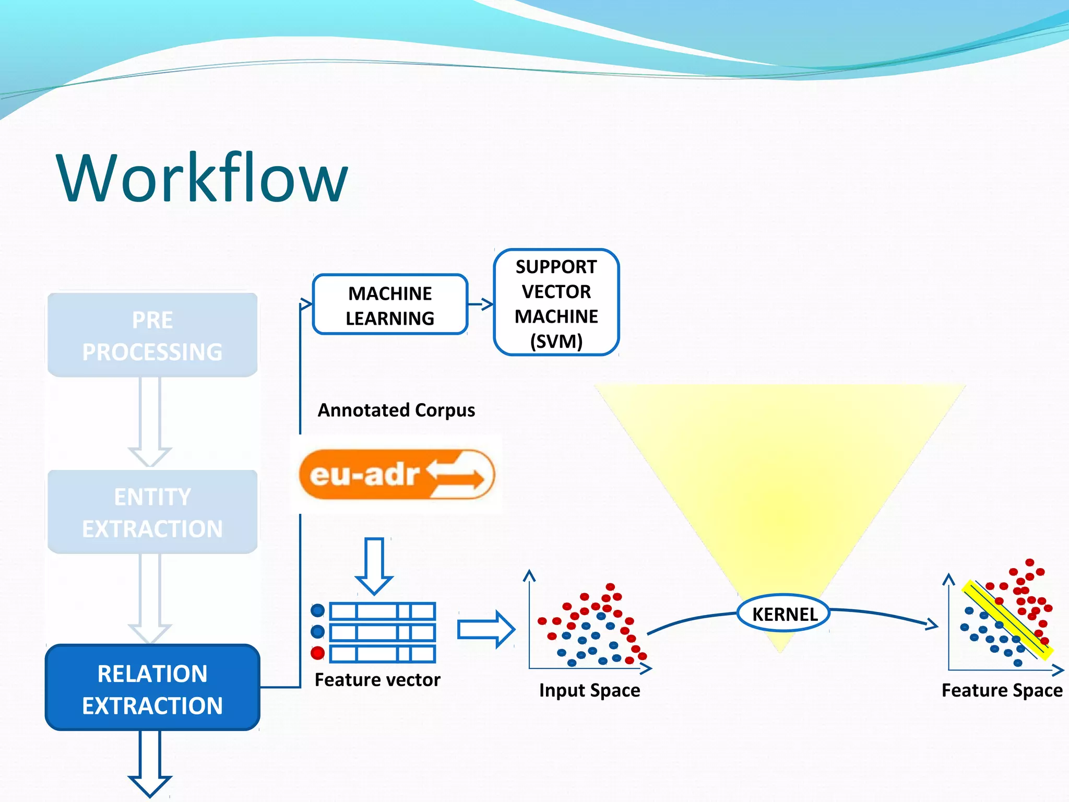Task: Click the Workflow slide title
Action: tap(202, 178)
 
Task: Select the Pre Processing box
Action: tap(152, 335)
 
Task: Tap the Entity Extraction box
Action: tap(152, 512)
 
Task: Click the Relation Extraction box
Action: tap(152, 688)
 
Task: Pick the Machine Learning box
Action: tap(390, 305)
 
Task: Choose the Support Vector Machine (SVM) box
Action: tap(556, 303)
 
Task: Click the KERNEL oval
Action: tap(784, 614)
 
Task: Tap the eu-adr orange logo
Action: tap(397, 474)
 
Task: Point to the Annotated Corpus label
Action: tap(397, 410)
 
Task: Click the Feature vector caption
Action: tap(377, 680)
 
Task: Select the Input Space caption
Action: tap(589, 690)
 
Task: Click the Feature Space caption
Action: tap(1002, 690)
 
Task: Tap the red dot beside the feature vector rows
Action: tap(317, 653)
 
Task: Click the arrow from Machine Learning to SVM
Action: tap(481, 304)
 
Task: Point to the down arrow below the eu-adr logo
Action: tap(374, 566)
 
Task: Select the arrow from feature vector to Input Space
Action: tap(486, 630)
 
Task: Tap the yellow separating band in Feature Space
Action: tap(1007, 620)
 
